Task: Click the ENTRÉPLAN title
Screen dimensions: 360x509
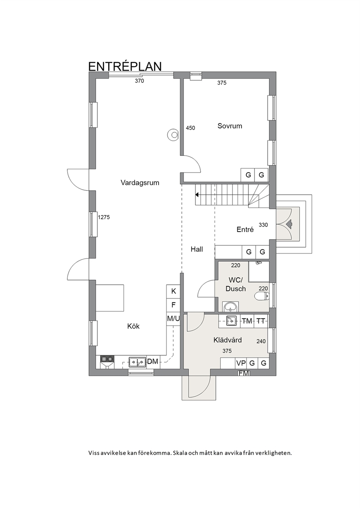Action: pyautogui.click(x=125, y=66)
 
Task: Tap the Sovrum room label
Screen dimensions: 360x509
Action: pyautogui.click(x=230, y=126)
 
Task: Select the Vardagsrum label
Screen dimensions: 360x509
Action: pyautogui.click(x=140, y=183)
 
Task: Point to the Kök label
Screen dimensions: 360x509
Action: pyautogui.click(x=134, y=326)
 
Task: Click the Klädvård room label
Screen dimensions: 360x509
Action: pyautogui.click(x=228, y=340)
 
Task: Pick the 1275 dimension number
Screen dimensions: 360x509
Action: pyautogui.click(x=104, y=217)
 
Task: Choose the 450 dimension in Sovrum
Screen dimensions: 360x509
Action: pyautogui.click(x=191, y=128)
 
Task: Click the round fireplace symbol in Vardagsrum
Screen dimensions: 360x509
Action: pyautogui.click(x=173, y=135)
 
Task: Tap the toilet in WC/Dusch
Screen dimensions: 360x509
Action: pyautogui.click(x=261, y=296)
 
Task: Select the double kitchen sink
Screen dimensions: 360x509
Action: pyautogui.click(x=137, y=362)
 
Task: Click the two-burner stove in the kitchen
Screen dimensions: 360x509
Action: pyautogui.click(x=107, y=359)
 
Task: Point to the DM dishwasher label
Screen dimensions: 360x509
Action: pyautogui.click(x=152, y=362)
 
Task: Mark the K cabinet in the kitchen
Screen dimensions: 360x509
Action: pyautogui.click(x=173, y=291)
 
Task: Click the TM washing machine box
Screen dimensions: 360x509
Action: pyautogui.click(x=247, y=321)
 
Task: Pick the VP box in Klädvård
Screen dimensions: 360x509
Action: pyautogui.click(x=241, y=363)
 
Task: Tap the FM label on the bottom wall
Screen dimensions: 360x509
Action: pyautogui.click(x=244, y=373)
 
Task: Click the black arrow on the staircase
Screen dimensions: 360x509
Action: pyautogui.click(x=197, y=195)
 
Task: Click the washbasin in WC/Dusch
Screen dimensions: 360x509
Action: pyautogui.click(x=231, y=307)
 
